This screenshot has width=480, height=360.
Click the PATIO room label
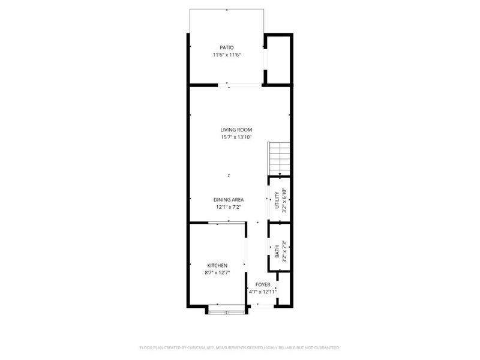click(x=226, y=47)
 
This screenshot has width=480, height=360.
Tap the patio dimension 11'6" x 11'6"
click(x=226, y=55)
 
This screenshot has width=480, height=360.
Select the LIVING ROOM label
click(x=236, y=130)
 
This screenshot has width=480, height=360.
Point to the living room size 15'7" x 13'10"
click(x=236, y=137)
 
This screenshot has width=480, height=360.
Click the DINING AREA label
click(x=229, y=200)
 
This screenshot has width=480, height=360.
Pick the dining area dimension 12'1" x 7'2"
click(x=229, y=207)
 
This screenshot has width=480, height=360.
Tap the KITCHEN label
click(x=217, y=265)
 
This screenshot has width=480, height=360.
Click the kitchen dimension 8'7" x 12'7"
click(x=217, y=273)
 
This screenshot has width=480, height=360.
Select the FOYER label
click(x=263, y=284)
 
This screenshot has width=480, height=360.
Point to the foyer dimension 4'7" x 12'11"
click(x=263, y=292)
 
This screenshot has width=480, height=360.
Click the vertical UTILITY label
click(x=277, y=200)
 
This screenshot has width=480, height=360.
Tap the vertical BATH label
click(x=277, y=251)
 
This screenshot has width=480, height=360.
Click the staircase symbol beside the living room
click(x=280, y=158)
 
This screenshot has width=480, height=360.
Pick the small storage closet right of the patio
click(x=278, y=60)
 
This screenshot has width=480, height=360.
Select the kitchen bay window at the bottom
click(x=226, y=310)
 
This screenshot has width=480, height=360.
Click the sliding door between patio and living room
click(x=240, y=85)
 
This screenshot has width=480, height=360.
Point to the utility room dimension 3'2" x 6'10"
click(x=284, y=200)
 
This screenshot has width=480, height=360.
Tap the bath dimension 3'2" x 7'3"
click(x=284, y=251)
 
